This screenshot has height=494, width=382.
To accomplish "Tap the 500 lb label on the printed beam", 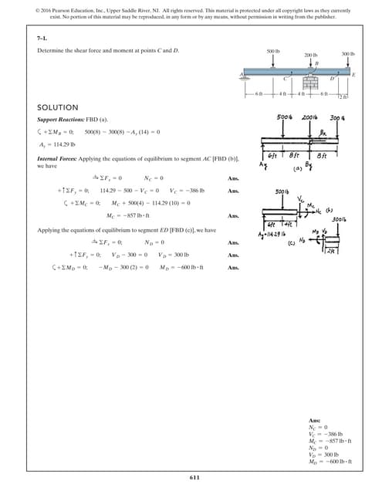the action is point(272,51).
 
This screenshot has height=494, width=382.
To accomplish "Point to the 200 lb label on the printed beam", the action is point(310,56).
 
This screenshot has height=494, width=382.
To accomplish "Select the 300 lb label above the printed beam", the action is point(347,54).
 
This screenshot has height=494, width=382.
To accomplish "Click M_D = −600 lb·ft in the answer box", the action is point(329,462).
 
